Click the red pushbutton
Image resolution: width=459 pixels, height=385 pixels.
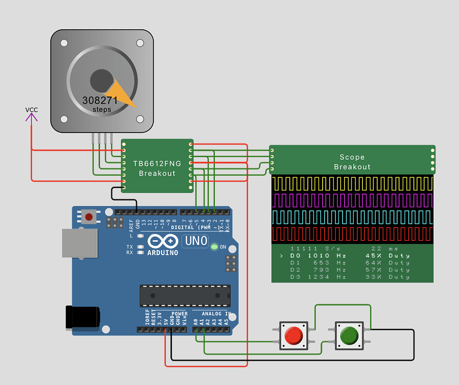pyautogui.click(x=293, y=336)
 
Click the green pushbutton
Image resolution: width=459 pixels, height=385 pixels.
pyautogui.click(x=349, y=336)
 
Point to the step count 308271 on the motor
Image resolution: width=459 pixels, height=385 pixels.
pyautogui.click(x=100, y=101)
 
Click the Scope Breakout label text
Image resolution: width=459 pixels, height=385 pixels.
pyautogui.click(x=352, y=162)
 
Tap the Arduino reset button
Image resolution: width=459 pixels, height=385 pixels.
pyautogui.click(x=89, y=217)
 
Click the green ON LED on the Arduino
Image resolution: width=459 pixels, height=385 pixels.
pyautogui.click(x=214, y=247)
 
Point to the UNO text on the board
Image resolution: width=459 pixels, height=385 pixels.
pyautogui.click(x=195, y=241)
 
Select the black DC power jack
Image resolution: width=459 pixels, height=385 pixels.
pyautogui.click(x=82, y=316)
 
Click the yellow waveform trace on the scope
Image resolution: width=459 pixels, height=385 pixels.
pyautogui.click(x=352, y=183)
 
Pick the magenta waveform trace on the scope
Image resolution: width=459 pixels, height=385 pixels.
pyautogui.click(x=352, y=200)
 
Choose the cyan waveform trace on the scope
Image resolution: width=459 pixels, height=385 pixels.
pyautogui.click(x=352, y=217)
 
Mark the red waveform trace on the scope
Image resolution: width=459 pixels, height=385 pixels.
pyautogui.click(x=352, y=234)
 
